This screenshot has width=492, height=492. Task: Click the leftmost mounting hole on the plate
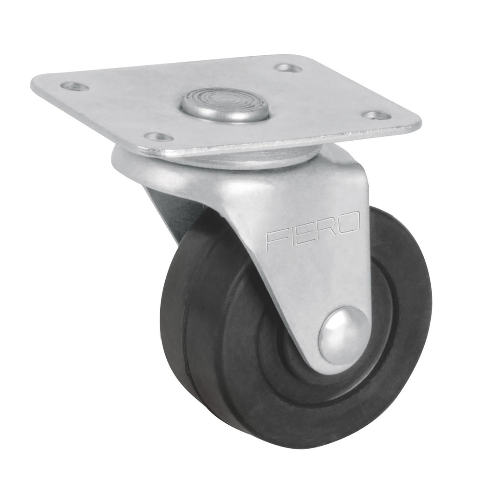click(x=75, y=86)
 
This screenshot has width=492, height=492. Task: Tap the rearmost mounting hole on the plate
click(x=288, y=68)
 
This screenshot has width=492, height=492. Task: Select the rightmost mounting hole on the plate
click(x=376, y=115)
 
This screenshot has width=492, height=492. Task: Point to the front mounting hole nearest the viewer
click(x=158, y=136)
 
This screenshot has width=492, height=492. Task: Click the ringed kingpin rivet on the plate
click(x=225, y=104)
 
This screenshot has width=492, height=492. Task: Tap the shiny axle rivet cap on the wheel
click(x=344, y=335)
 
